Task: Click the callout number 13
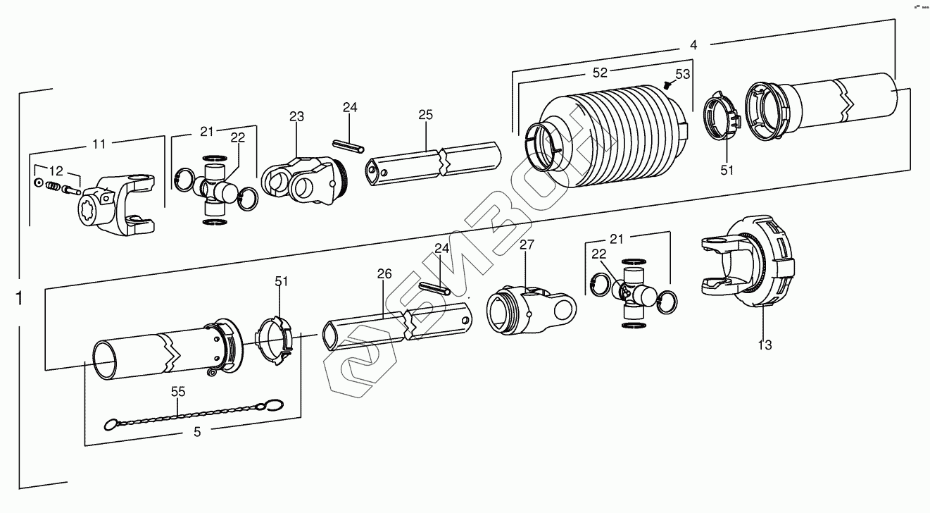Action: coord(765,345)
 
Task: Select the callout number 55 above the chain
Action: coord(178,391)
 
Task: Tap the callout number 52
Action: coord(601,72)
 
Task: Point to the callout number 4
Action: coord(693,44)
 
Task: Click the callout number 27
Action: coord(527,245)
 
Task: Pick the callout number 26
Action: coord(384,273)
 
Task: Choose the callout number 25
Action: coord(425,114)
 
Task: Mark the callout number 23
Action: coord(296,116)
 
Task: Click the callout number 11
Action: coord(99,144)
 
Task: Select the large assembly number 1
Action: coord(18,297)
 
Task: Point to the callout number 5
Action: coord(197,432)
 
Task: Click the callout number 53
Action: coord(683,73)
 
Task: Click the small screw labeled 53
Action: coord(667,85)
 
